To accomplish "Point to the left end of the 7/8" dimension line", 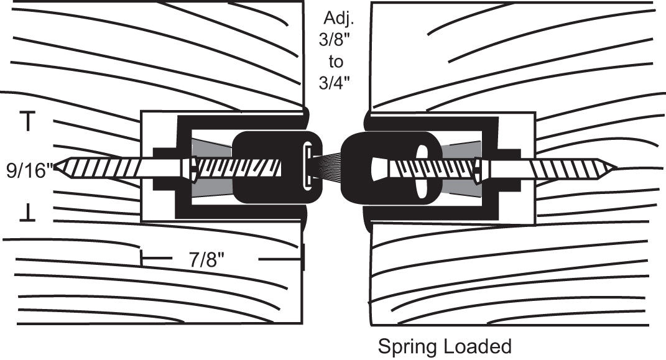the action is [141, 257].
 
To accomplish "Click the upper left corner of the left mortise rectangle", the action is [141, 112].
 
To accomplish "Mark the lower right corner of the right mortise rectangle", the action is [535, 223].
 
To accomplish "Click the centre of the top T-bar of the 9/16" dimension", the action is [28, 113].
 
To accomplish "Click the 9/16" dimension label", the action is [29, 170].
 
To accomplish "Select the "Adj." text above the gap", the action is [338, 18].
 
